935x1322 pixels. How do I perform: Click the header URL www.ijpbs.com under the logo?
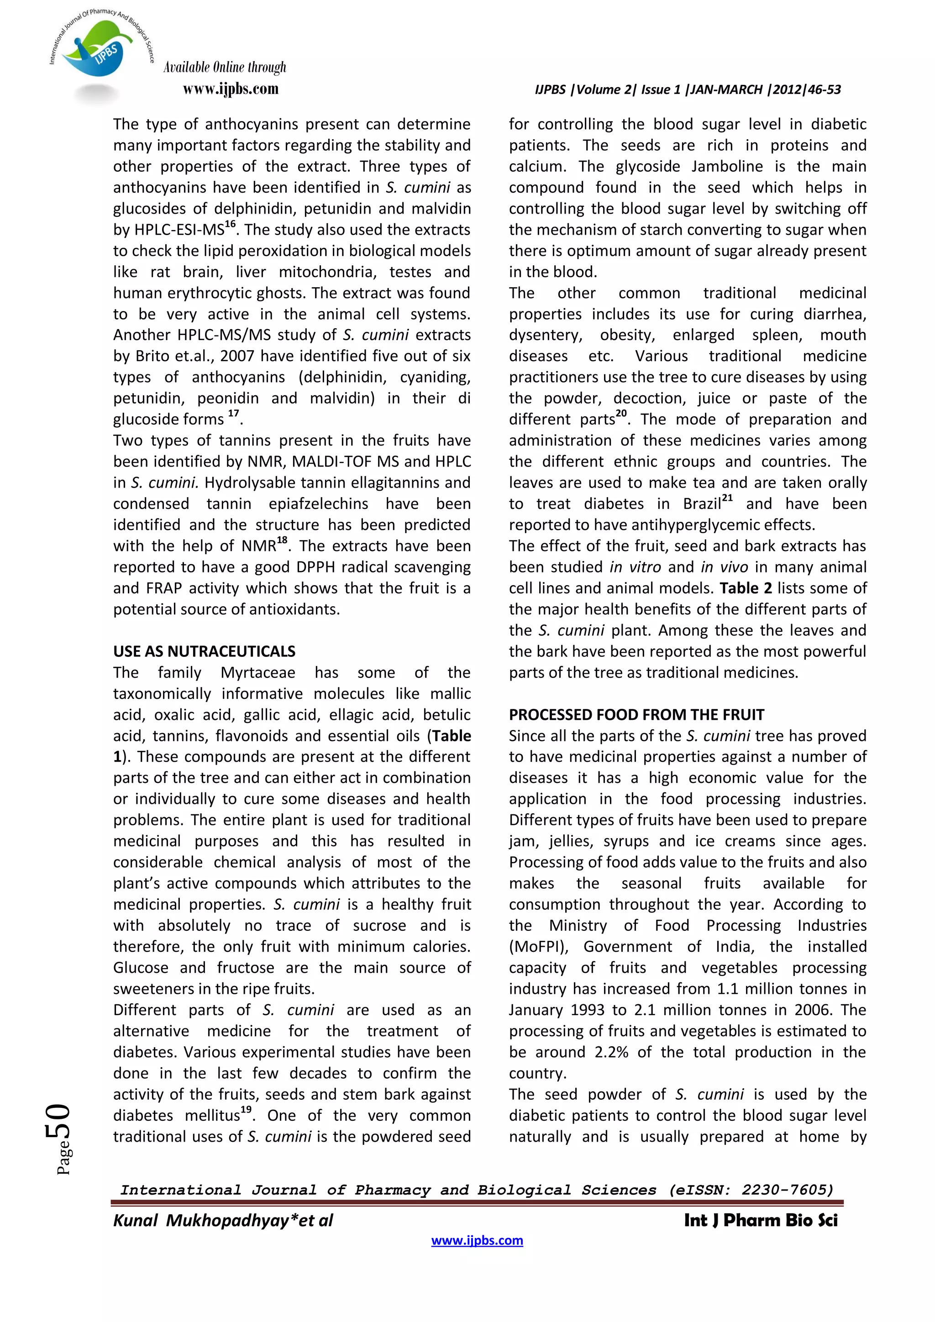click(230, 89)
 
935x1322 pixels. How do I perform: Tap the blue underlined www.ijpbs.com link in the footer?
click(477, 1240)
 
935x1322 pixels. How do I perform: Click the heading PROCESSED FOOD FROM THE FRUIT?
click(636, 714)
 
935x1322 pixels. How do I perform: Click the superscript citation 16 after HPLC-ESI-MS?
click(230, 225)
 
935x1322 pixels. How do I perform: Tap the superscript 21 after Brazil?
click(727, 498)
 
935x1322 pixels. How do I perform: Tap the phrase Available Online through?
click(225, 68)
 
